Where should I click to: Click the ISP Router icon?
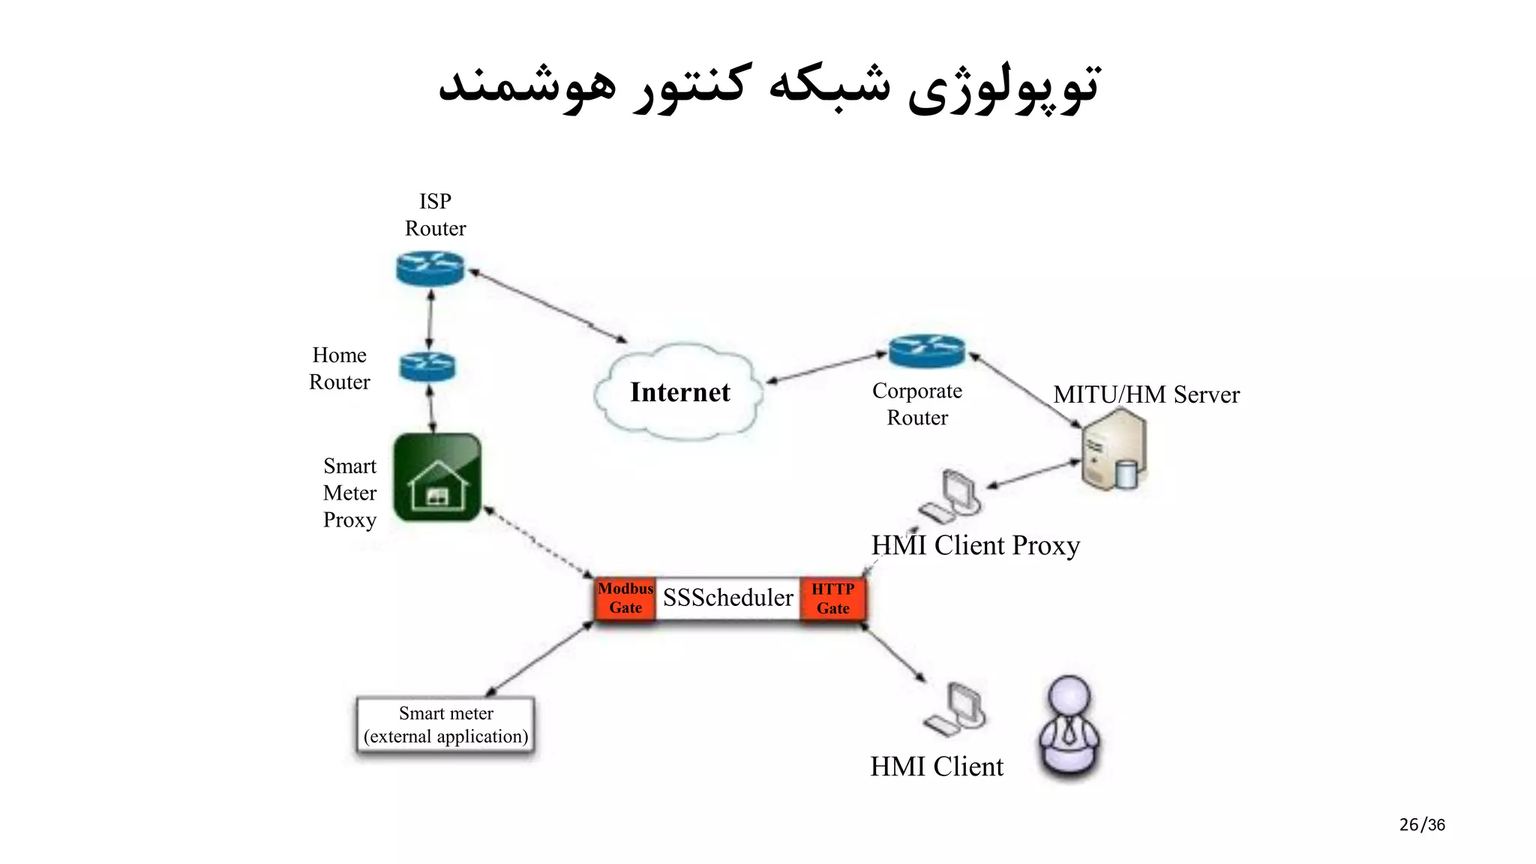pos(430,268)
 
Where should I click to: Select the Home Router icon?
pos(427,367)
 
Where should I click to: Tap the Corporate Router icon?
pos(926,351)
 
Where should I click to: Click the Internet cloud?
pos(679,392)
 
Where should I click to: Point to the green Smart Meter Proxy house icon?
pos(437,477)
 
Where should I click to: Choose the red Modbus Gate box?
pos(625,598)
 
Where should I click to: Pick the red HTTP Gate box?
pos(833,598)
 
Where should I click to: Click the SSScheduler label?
pos(727,598)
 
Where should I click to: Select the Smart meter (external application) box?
pos(445,724)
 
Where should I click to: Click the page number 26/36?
pos(1421,825)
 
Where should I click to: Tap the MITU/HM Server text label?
pos(1146,394)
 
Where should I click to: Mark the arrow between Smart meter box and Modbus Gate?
pos(540,658)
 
